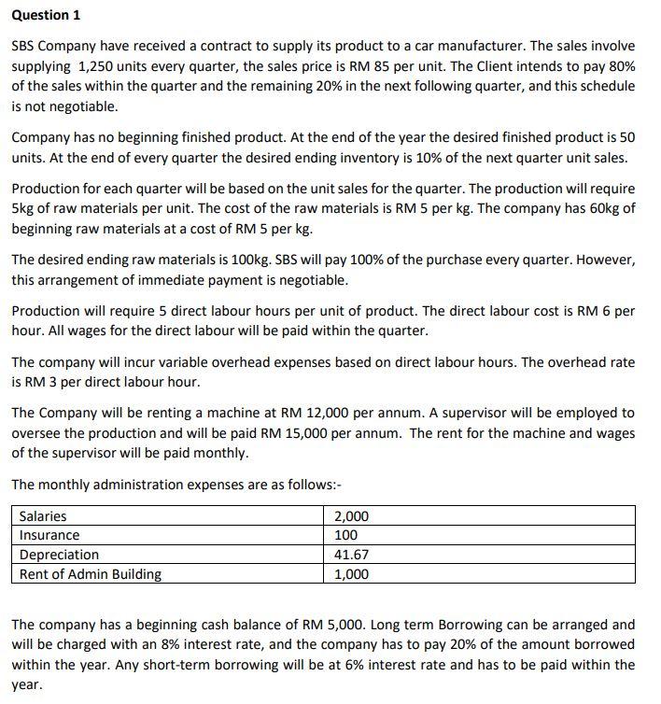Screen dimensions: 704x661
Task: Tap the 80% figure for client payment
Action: click(x=620, y=65)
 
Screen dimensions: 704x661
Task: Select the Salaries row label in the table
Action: click(x=43, y=515)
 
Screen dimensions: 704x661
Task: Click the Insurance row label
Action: click(x=49, y=535)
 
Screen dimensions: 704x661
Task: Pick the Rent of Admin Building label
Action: click(x=90, y=574)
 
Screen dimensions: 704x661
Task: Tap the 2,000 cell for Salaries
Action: click(x=351, y=515)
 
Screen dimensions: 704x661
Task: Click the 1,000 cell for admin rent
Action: click(x=351, y=574)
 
